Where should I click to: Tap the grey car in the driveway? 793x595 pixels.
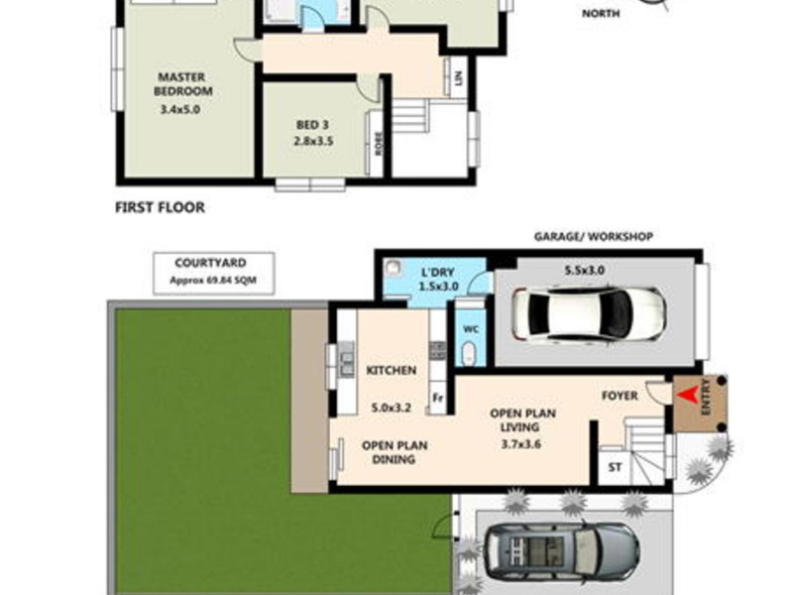(561, 550)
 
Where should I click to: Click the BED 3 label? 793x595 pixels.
(312, 125)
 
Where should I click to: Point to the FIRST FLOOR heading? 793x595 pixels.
(160, 208)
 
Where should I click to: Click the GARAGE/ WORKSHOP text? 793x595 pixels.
(594, 237)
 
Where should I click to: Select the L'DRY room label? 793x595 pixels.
(437, 272)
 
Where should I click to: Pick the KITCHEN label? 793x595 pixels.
(391, 370)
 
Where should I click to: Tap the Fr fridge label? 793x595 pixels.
(436, 400)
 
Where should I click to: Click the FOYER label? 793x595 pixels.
(621, 396)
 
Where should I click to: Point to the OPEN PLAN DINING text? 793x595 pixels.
(395, 452)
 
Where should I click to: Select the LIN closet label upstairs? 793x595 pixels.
(459, 76)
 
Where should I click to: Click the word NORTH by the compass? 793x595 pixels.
(601, 13)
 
